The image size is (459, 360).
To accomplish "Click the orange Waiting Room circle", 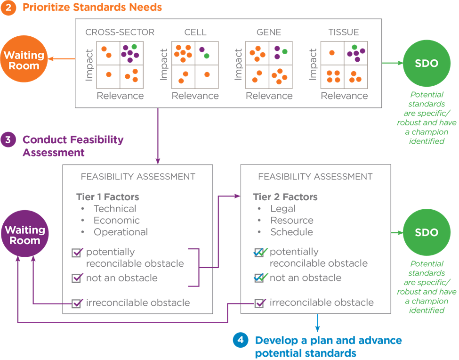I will coord(24,60).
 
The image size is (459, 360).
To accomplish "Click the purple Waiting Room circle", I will coord(25,235).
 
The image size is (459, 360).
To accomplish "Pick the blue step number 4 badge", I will coord(241,340).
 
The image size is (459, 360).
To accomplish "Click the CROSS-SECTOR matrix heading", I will coord(120,33).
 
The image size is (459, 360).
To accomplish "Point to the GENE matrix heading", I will coord(269,33).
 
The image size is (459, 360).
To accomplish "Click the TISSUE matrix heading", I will coord(343,33).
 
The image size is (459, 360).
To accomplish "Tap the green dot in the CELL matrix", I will coord(207,56).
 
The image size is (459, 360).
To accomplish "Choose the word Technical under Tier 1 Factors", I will coord(115,209).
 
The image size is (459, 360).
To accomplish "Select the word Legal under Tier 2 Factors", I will coord(282,209).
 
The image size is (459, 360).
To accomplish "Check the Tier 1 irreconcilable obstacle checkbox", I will coord(77,303).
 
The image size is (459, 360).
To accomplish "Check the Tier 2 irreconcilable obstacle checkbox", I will coord(259,303).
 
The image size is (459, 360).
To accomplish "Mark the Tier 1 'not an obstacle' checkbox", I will coord(77,278).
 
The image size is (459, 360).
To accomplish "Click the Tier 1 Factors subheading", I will coord(108,197).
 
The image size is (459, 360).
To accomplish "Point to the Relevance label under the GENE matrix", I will coord(269,96).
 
